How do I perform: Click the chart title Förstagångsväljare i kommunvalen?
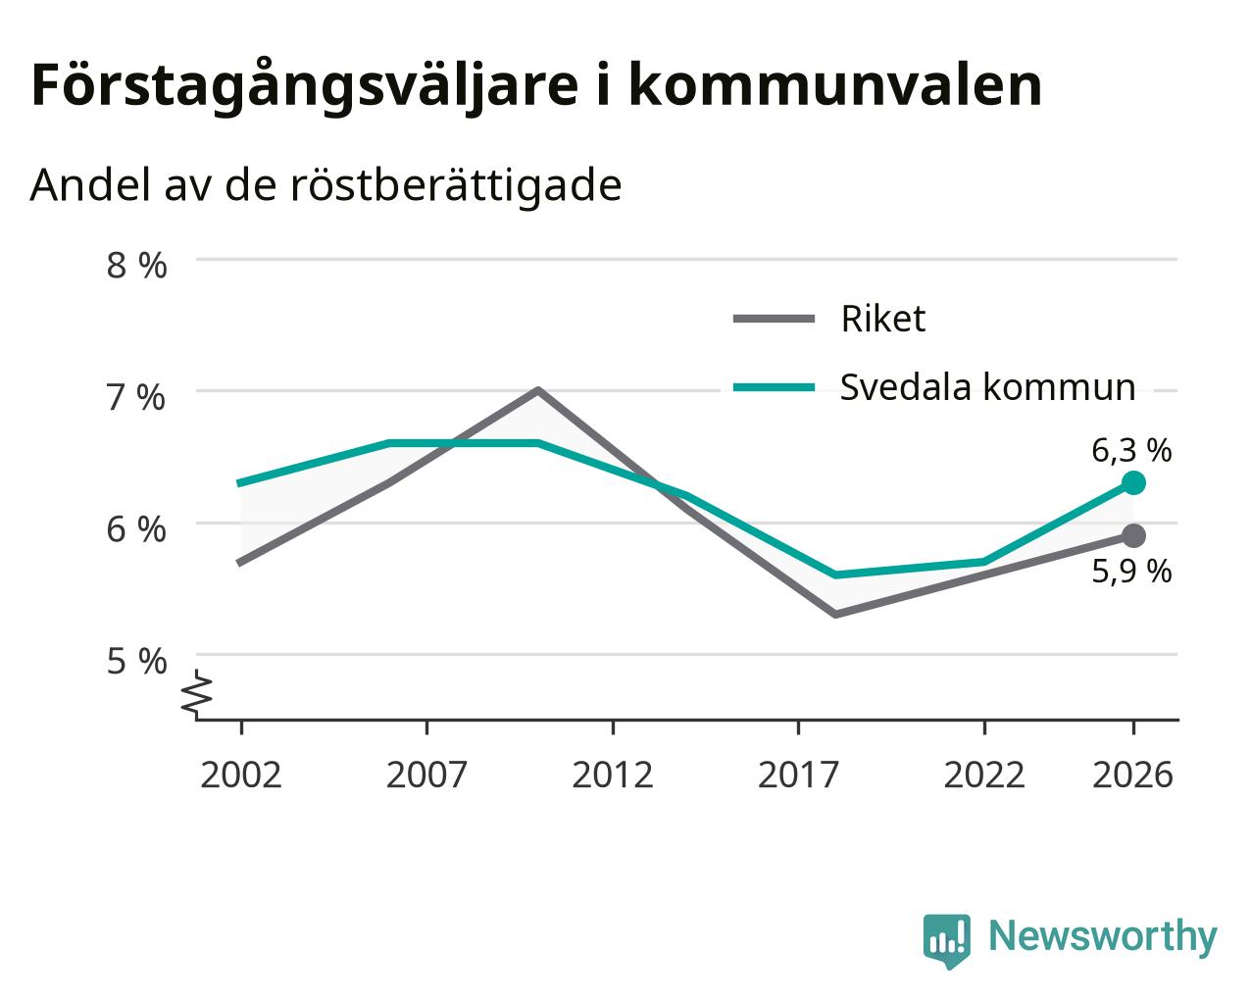point(536,86)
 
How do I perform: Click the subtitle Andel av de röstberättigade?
point(325,186)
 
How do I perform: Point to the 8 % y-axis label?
point(136,266)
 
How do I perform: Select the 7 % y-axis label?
point(136,398)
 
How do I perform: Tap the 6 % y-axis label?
point(136,529)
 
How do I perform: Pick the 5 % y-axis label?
point(136,662)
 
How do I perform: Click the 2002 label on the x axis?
point(240,775)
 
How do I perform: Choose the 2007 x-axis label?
point(426,775)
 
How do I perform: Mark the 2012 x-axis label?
point(613,775)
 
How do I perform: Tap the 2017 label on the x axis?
point(798,775)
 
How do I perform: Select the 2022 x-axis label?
point(984,775)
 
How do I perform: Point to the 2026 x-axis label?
point(1133,775)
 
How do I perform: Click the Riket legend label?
point(883,319)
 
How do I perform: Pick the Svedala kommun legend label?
point(987,386)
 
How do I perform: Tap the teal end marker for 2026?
point(1133,482)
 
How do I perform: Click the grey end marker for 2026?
point(1133,535)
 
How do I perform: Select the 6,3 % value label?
point(1131,451)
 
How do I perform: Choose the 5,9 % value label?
point(1131,571)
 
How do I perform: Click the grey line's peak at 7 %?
point(538,390)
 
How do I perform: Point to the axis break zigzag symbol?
point(197,692)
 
